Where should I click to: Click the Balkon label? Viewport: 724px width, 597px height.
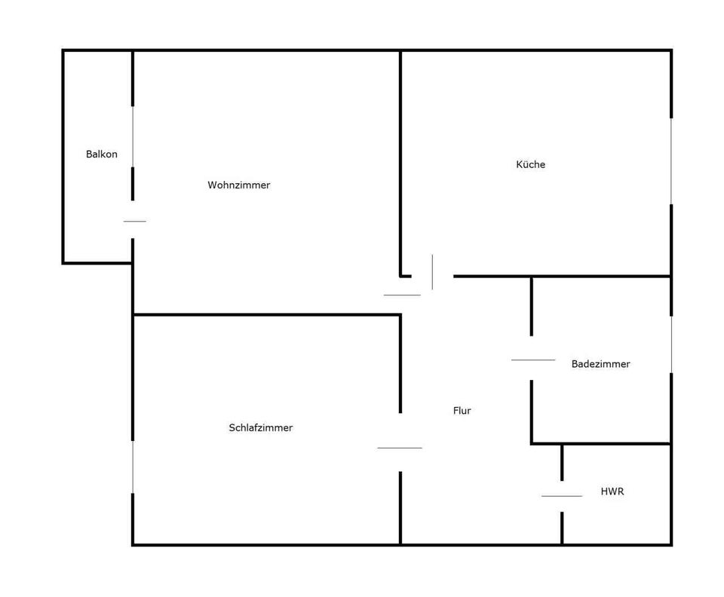102,154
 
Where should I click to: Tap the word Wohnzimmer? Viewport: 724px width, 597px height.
239,185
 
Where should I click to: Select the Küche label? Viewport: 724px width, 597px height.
530,164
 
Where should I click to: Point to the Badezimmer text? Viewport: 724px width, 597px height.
601,364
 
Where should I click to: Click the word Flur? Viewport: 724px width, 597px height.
462,411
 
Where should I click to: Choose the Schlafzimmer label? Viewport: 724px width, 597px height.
261,427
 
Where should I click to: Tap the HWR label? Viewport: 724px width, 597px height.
612,491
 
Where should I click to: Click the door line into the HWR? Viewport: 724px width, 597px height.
562,496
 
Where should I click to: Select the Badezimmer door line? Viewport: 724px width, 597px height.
533,360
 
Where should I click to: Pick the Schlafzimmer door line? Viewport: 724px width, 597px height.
400,448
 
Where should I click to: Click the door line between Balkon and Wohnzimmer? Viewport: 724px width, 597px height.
135,221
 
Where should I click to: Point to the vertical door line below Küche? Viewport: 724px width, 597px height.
432,272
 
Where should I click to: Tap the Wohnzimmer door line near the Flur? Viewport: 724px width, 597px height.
402,295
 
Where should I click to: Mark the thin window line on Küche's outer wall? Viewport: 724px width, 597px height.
671,161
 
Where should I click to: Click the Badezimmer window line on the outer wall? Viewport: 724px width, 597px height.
671,344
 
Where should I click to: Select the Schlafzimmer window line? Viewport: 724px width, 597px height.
133,467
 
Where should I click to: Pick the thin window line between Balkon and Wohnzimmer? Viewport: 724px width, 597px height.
133,136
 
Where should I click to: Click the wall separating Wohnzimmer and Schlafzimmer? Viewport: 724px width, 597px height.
267,315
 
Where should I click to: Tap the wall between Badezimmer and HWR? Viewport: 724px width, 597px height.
601,444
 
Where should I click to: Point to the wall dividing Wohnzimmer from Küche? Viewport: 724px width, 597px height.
400,163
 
